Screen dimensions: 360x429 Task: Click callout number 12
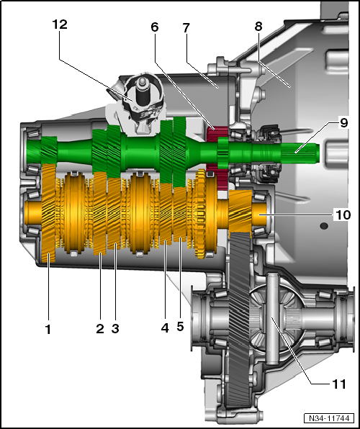click(x=60, y=24)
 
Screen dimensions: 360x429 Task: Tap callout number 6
click(x=155, y=27)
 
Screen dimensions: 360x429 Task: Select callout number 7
click(x=186, y=27)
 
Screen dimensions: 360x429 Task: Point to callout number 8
click(x=258, y=26)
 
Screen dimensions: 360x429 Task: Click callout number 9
click(x=344, y=123)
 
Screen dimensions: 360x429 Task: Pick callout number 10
click(x=343, y=214)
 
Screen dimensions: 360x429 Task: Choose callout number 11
click(x=339, y=384)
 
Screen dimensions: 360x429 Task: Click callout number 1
click(x=48, y=330)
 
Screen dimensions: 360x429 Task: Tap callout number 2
click(x=100, y=329)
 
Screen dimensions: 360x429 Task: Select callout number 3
click(x=115, y=329)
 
